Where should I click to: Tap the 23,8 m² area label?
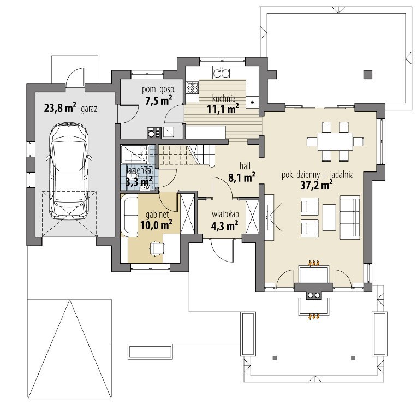[x=60, y=108]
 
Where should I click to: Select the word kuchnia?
[x=224, y=98]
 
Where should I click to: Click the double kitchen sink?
[x=221, y=73]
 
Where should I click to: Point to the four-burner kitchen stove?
[x=193, y=88]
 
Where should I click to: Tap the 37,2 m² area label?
[x=317, y=185]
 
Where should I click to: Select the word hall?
[x=245, y=166]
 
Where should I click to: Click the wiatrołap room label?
[x=225, y=215]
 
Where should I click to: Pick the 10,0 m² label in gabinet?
[x=156, y=225]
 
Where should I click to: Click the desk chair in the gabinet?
[x=156, y=248]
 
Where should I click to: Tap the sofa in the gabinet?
[x=129, y=215]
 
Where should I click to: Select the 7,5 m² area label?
[x=158, y=100]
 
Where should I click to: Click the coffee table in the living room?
[x=329, y=217]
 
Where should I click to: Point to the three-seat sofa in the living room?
[x=350, y=216]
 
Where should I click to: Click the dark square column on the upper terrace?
[x=368, y=74]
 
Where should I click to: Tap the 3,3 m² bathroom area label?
[x=139, y=182]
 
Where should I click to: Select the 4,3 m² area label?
[x=224, y=226]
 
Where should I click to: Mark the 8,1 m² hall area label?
[x=242, y=177]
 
